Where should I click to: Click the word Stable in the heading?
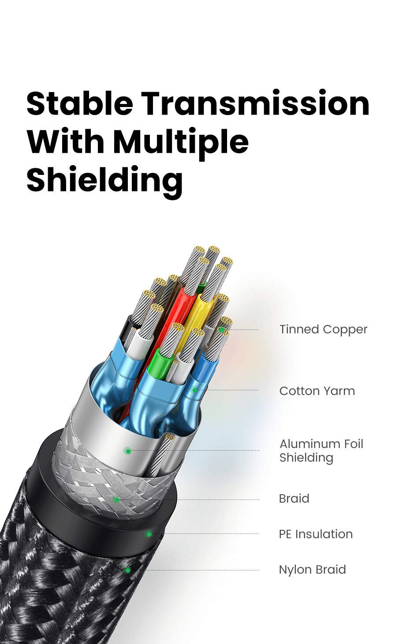click(x=80, y=104)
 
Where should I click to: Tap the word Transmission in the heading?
click(x=255, y=104)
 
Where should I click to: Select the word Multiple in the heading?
click(x=181, y=143)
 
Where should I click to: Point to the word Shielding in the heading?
click(x=104, y=181)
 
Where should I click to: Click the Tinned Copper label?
click(x=323, y=329)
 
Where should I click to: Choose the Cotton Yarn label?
click(x=317, y=391)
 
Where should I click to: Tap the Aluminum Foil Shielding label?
click(x=321, y=450)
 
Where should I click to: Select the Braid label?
click(x=294, y=499)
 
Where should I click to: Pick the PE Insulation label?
click(x=316, y=534)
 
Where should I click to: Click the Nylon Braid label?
click(x=312, y=570)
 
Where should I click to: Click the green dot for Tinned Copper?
click(x=221, y=329)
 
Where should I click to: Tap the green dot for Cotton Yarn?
click(x=194, y=390)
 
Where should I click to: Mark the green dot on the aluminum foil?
click(x=128, y=451)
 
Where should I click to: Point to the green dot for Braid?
click(x=117, y=500)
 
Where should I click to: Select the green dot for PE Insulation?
click(x=149, y=534)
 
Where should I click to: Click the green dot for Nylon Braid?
click(x=128, y=570)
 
